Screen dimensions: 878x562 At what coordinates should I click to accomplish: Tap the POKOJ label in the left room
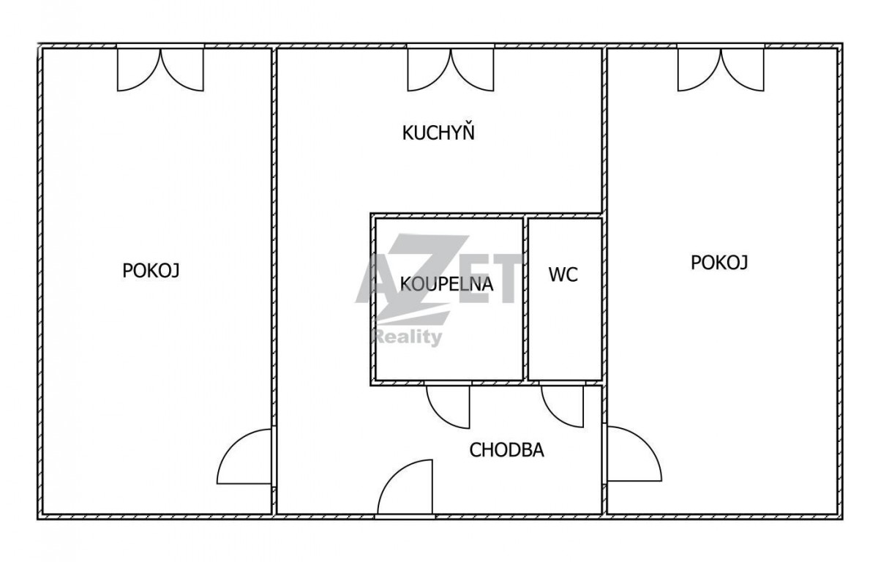coord(151,271)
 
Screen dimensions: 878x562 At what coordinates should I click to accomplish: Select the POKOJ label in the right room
coord(719,263)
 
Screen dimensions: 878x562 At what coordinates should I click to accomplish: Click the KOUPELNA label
coord(446,284)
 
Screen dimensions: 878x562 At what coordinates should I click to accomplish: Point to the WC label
coord(563,274)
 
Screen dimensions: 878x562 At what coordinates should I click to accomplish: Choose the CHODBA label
coord(507,450)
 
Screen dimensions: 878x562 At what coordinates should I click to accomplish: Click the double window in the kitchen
coord(451,69)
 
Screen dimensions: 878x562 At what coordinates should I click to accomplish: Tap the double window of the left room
coord(160,69)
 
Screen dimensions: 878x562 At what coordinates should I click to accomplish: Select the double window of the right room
coord(721,69)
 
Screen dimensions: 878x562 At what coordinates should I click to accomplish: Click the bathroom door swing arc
coord(439,416)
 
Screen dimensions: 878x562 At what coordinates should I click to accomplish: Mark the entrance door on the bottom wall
coord(405,488)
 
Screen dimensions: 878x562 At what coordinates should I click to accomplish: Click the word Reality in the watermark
coord(407,338)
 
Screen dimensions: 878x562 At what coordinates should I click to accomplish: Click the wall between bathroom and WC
coord(525,299)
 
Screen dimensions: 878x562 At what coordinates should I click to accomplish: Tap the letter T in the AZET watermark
coord(504,279)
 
